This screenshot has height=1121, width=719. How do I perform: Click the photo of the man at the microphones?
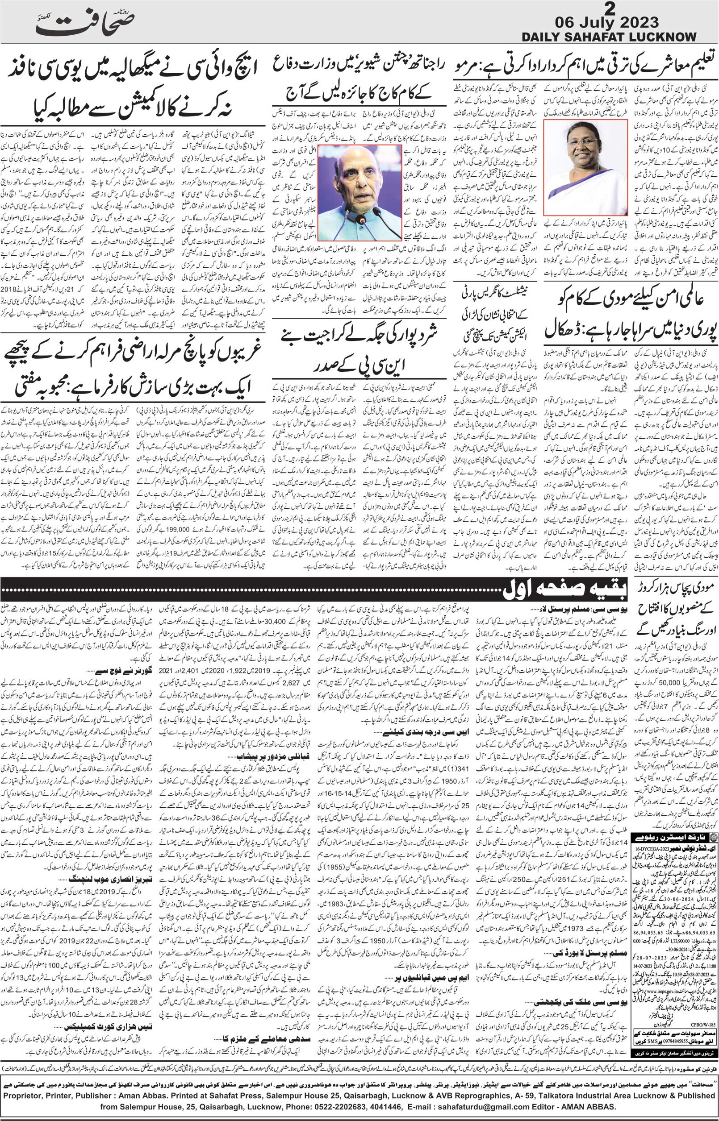coord(359,192)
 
